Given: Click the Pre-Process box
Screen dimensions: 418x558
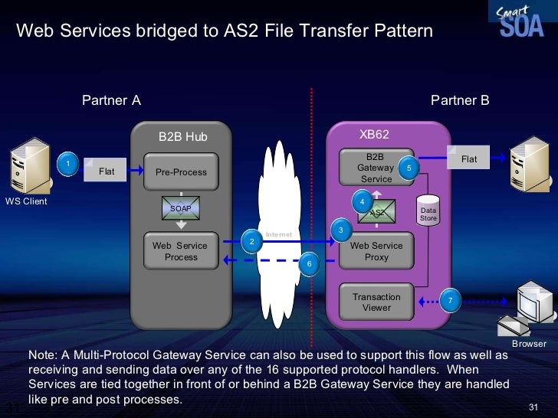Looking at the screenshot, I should click(181, 172).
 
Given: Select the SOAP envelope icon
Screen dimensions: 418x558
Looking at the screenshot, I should click(180, 208).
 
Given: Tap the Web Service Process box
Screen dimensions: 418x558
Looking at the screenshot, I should click(181, 251).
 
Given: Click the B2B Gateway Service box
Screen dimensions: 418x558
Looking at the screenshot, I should click(376, 167).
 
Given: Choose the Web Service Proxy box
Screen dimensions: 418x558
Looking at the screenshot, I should click(376, 251).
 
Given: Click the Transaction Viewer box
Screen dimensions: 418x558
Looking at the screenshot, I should click(376, 302).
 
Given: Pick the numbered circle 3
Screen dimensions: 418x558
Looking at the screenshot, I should click(340, 230).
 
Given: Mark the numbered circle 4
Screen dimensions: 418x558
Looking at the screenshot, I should click(362, 201).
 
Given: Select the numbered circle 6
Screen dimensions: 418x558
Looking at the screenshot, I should click(308, 264).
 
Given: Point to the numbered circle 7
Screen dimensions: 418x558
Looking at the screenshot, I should click(451, 300).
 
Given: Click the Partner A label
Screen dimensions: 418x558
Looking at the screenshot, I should click(111, 102).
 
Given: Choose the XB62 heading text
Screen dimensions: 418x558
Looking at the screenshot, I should click(375, 135).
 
